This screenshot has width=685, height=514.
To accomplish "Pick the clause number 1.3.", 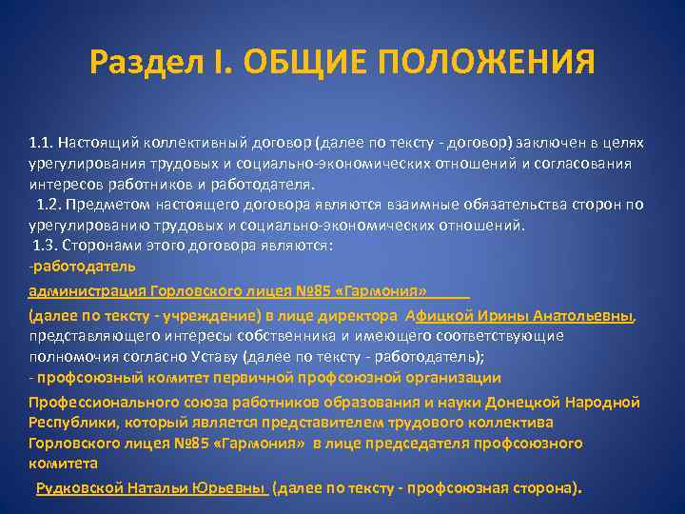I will tap(47, 246).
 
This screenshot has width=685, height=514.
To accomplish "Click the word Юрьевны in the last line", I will tap(228, 488).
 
